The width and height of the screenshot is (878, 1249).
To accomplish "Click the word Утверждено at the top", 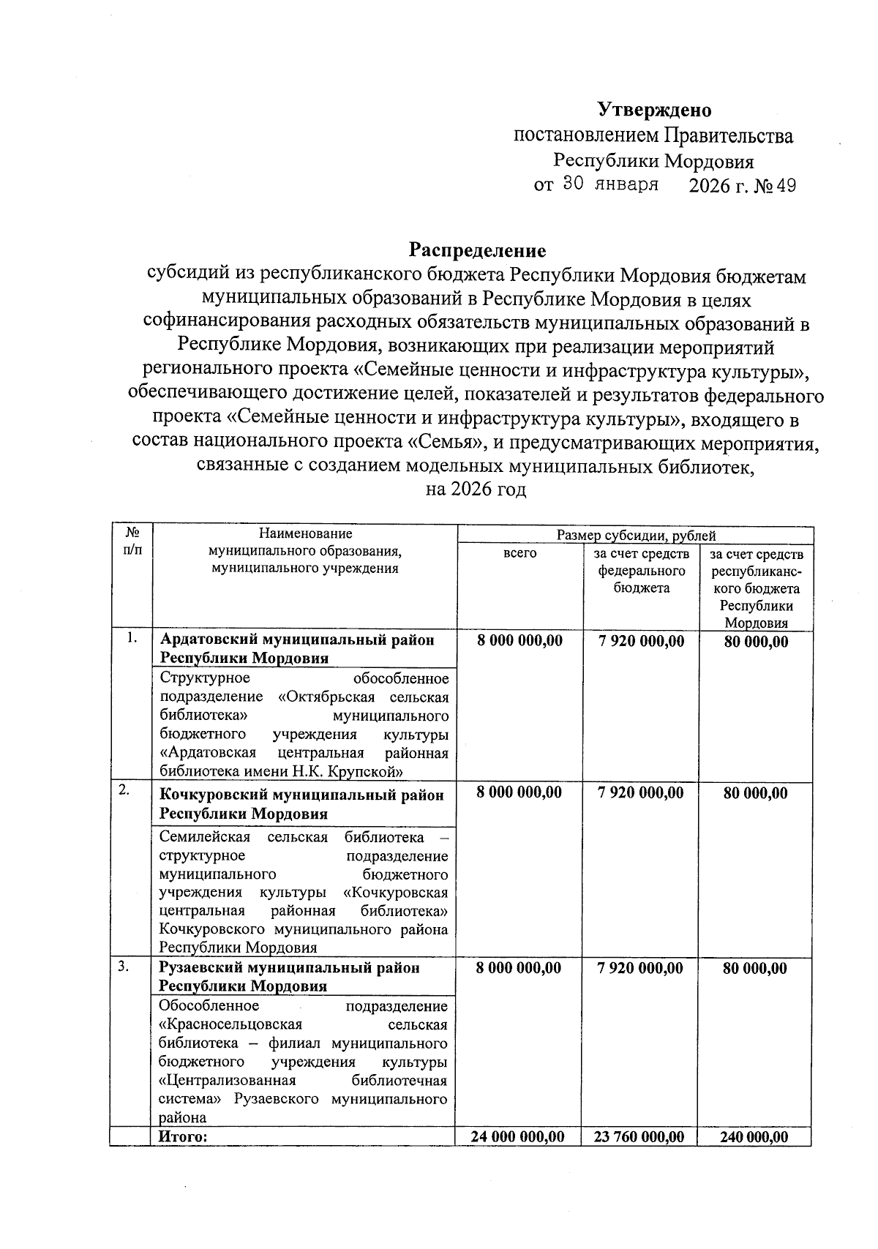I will pos(654,110).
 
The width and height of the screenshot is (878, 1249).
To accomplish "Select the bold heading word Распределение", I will pos(477,251).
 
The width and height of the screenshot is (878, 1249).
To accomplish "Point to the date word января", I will pos(626,184).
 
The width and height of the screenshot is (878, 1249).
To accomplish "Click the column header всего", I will pos(519,553).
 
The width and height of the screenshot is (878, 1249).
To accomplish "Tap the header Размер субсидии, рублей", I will pos(636,536).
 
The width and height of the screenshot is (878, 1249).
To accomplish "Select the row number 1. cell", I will pos(132,637).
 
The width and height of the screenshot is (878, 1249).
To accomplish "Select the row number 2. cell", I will pos(125,789).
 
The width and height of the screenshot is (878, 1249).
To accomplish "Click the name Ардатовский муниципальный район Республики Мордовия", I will pos(297,649).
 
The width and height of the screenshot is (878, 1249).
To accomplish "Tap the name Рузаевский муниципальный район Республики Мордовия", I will pos(290,977).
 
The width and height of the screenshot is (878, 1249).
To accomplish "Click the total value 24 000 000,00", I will pos(518,1136).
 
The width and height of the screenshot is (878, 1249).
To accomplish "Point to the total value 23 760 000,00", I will pos(641,1136).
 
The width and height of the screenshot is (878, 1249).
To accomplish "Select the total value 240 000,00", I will pos(756,1136).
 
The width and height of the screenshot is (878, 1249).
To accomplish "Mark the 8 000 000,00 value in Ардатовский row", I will pos(519,641).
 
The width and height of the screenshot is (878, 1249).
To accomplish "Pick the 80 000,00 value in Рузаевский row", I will pos(755,969).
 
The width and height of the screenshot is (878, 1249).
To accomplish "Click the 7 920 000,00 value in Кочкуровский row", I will pos(641,792).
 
